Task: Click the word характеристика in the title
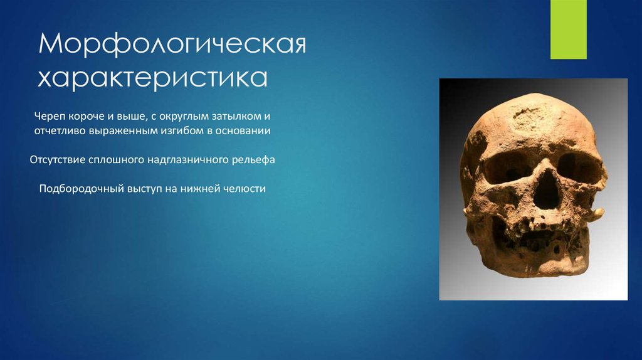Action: pos(154,79)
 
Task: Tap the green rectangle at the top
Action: pos(568,29)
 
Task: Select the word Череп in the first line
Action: pos(50,117)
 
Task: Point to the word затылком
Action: pos(228,117)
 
